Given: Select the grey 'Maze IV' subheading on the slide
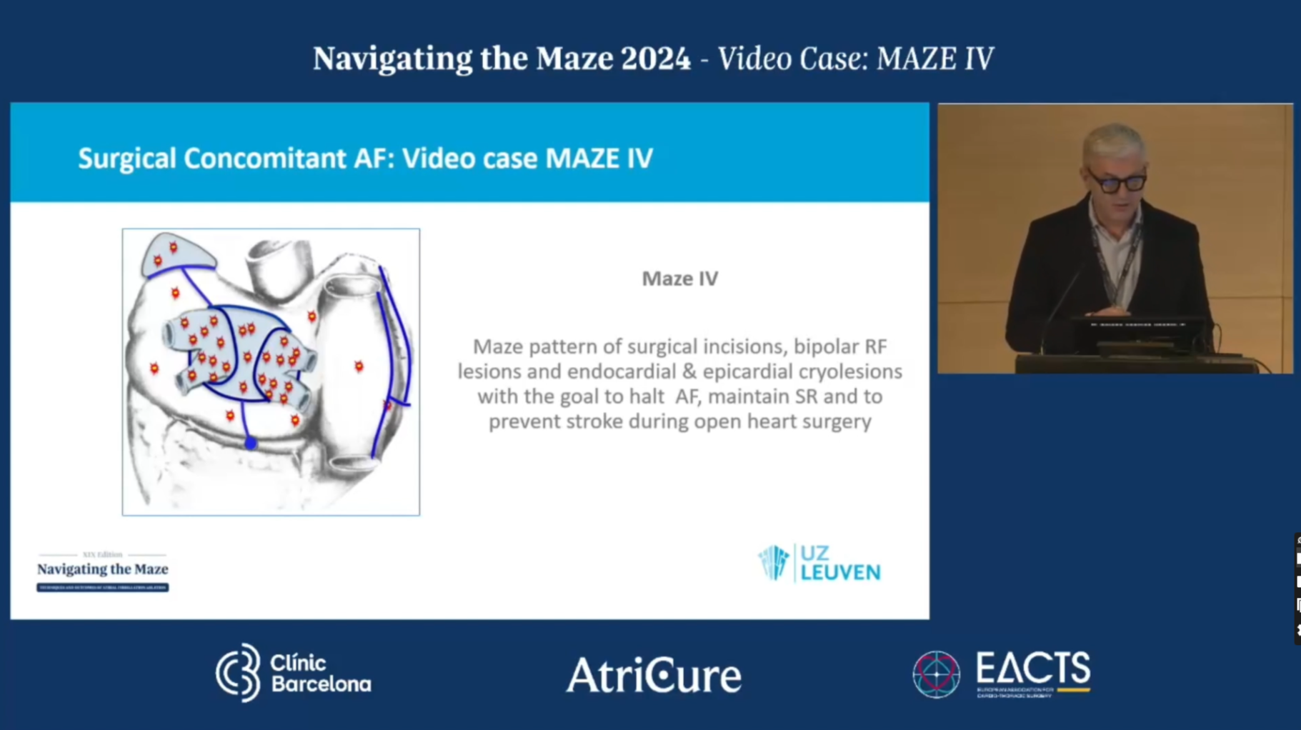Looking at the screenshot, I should [x=679, y=279].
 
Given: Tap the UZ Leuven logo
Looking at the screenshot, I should [x=819, y=564].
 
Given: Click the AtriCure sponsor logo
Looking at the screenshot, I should [x=654, y=675].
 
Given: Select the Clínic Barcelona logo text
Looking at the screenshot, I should [x=320, y=673].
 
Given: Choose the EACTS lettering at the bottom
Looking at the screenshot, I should [x=1032, y=670].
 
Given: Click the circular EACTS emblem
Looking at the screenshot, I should [x=936, y=674].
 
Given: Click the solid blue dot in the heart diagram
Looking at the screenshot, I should [x=250, y=444].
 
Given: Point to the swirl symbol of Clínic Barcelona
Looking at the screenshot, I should [x=239, y=673].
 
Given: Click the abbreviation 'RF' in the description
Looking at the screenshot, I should [x=876, y=347].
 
